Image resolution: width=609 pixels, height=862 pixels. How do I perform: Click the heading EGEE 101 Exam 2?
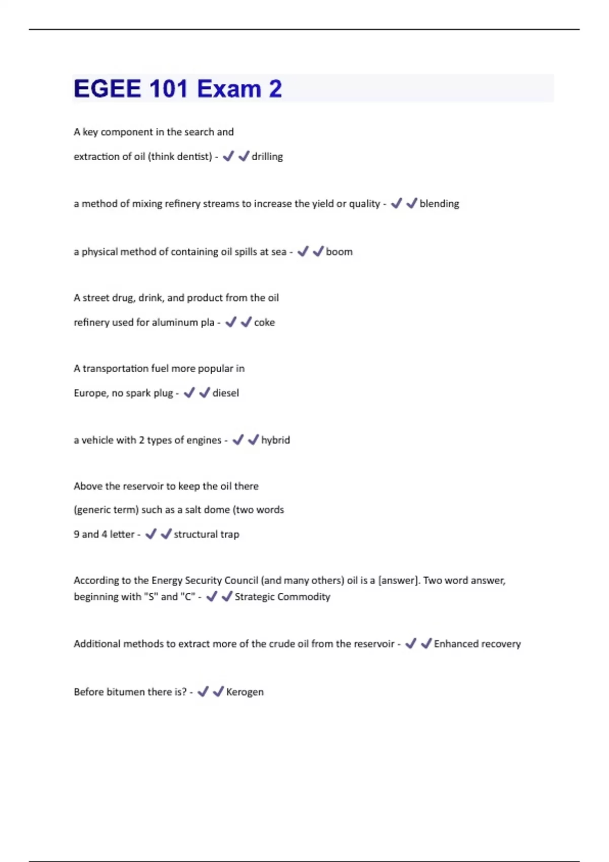[x=178, y=89]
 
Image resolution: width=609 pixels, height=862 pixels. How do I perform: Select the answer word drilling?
[x=267, y=157]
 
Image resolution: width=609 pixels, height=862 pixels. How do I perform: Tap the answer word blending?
[x=439, y=204]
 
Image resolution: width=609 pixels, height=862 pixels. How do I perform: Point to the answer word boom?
[x=339, y=252]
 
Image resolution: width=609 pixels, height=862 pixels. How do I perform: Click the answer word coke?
[x=264, y=322]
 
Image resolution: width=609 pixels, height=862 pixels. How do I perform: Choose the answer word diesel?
[x=225, y=393]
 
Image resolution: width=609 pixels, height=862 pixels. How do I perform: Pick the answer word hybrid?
[x=276, y=440]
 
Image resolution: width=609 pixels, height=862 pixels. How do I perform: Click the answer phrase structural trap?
[x=206, y=534]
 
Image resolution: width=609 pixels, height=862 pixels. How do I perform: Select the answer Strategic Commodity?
[x=282, y=597]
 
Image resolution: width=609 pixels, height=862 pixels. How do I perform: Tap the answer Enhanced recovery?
[x=477, y=644]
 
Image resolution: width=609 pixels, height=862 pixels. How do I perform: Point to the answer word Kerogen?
[x=245, y=692]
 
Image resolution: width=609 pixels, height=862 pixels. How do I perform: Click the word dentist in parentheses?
[x=193, y=157]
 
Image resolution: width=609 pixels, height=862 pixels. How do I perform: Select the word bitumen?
[x=125, y=692]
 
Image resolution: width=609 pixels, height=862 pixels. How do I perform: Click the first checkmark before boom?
[x=303, y=252]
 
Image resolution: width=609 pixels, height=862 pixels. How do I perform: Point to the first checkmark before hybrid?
[x=238, y=440]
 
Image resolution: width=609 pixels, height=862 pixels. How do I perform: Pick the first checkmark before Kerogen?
[x=203, y=692]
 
